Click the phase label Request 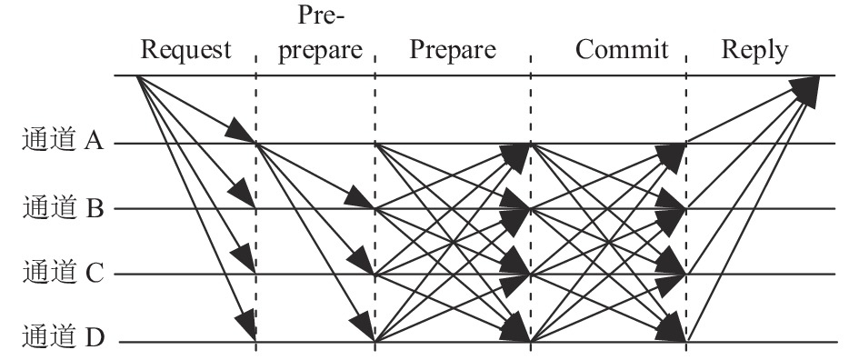click(x=185, y=50)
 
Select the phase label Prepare click(x=453, y=50)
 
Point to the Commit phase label click(x=622, y=49)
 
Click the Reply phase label click(x=754, y=50)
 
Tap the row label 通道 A click(x=63, y=139)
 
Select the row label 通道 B click(x=63, y=207)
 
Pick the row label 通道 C click(x=63, y=272)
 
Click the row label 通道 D click(x=63, y=336)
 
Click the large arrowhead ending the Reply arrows click(x=805, y=90)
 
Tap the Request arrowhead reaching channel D click(x=246, y=325)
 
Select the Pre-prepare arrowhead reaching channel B click(x=359, y=198)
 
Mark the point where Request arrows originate click(x=137, y=75)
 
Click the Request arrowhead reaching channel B click(x=242, y=193)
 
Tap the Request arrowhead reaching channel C click(x=244, y=258)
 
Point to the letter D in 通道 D click(x=95, y=337)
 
